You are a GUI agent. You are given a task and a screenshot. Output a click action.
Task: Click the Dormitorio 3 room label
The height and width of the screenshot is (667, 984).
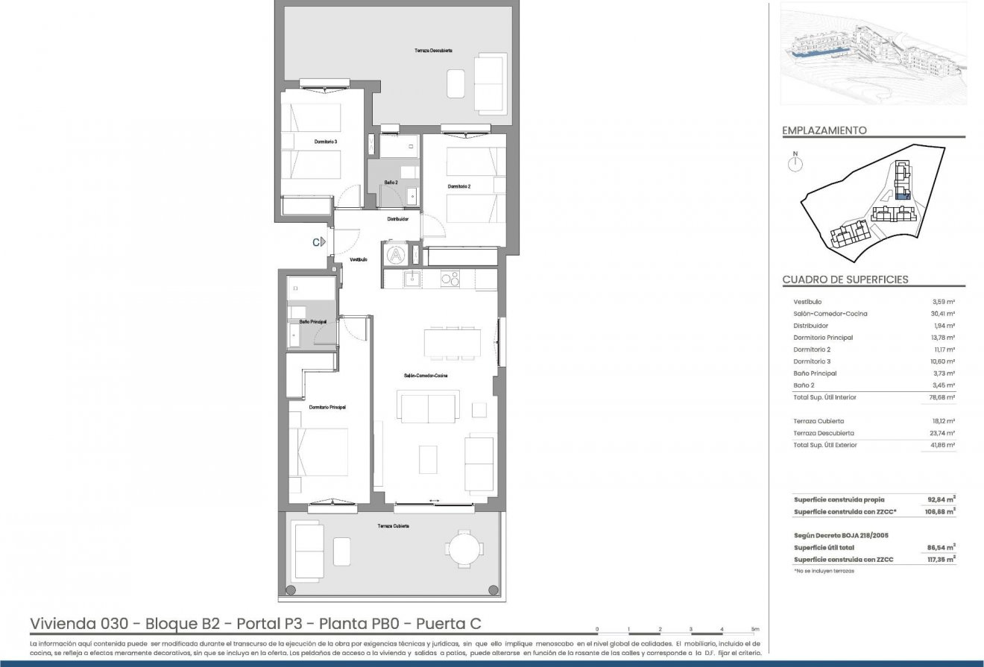click(x=306, y=139)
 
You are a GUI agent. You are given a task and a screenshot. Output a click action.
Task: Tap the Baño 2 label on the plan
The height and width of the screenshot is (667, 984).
click(x=391, y=183)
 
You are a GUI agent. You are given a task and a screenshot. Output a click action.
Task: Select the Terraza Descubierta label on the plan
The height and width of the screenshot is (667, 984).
click(x=434, y=50)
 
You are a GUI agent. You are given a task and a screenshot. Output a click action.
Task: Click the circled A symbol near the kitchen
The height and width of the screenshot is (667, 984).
click(x=396, y=254)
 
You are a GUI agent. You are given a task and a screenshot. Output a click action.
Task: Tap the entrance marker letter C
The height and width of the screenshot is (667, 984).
click(x=316, y=241)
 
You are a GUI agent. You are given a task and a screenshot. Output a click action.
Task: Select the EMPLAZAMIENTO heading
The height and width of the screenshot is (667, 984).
click(x=824, y=130)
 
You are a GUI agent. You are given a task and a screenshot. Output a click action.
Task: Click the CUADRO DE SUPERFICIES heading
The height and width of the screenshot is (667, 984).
click(x=845, y=280)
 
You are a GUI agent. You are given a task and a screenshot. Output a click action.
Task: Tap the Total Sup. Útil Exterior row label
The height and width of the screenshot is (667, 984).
click(x=825, y=445)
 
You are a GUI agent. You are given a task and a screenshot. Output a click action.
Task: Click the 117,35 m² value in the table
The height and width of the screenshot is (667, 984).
click(x=941, y=560)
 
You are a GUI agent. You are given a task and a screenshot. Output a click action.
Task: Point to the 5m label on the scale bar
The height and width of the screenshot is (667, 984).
click(x=755, y=630)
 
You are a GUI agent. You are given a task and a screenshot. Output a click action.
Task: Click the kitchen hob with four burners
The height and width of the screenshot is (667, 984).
click(x=450, y=279)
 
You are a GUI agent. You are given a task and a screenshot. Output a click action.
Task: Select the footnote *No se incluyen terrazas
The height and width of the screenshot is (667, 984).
click(x=824, y=571)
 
